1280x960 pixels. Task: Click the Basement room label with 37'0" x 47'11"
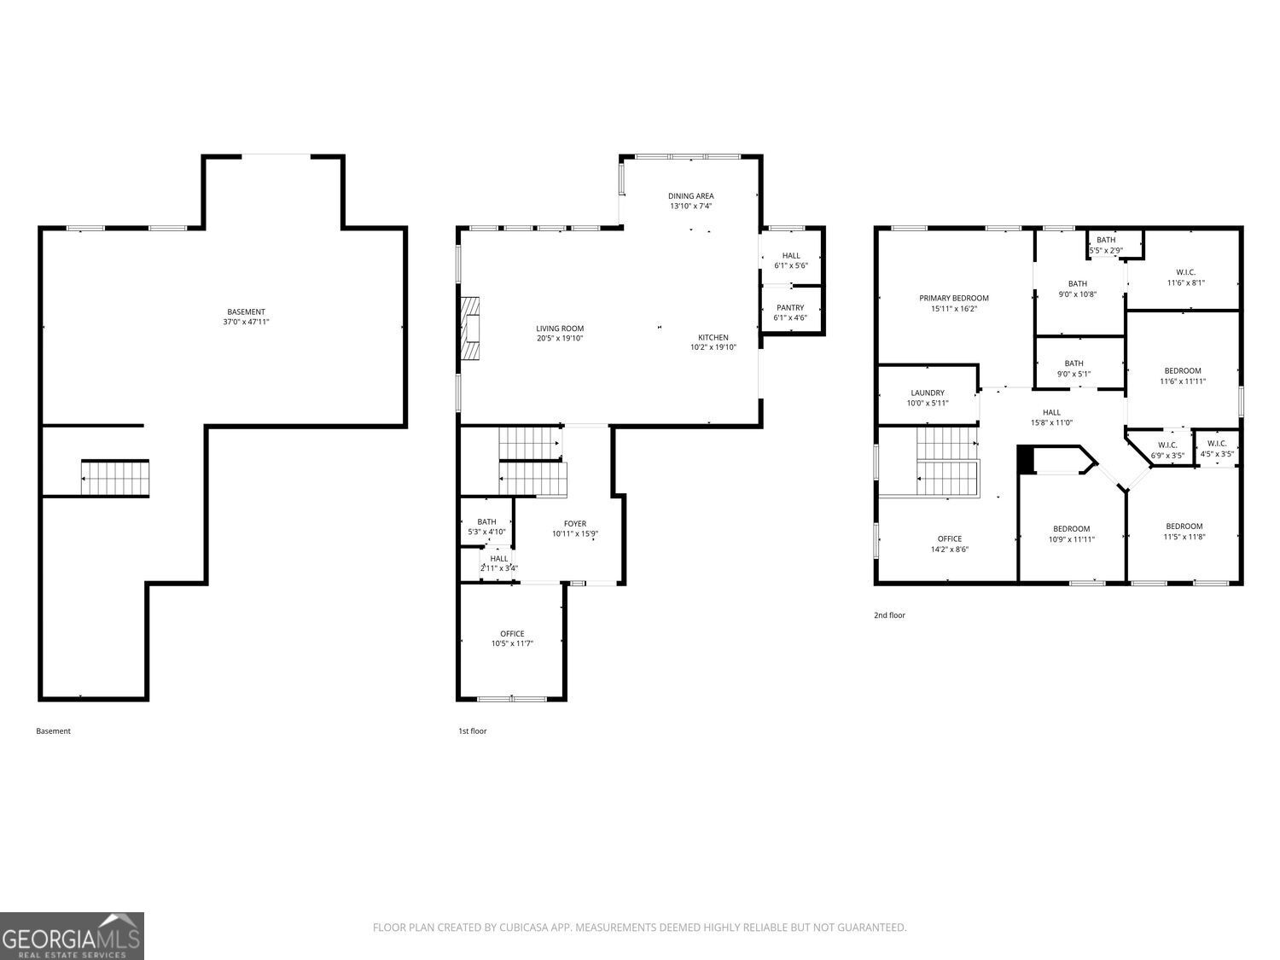246,317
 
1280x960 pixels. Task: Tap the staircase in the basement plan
115,478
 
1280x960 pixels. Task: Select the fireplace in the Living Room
470,331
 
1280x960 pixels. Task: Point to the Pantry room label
790,312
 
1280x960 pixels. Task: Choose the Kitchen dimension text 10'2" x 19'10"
713,347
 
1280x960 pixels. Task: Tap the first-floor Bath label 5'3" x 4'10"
486,527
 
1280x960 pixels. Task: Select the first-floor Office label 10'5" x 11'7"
512,638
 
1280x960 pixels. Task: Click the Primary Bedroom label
953,303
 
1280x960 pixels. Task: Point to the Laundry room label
928,398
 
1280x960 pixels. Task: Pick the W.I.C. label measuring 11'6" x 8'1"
1185,277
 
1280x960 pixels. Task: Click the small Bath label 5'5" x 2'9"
1106,245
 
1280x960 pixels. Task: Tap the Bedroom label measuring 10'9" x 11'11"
1071,533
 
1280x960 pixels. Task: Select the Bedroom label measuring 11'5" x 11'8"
1184,531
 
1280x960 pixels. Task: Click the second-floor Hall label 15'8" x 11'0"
1051,417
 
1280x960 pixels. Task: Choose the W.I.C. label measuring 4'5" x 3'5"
1217,448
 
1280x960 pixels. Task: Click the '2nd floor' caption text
889,615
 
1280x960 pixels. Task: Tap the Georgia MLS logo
72,936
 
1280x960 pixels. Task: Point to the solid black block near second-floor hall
1026,459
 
